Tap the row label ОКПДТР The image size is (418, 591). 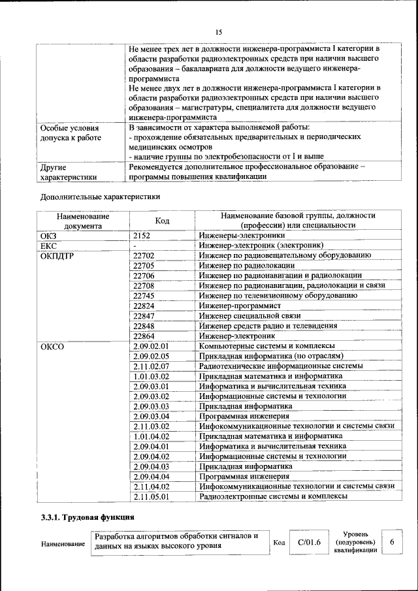pyautogui.click(x=57, y=255)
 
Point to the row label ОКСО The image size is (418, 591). pyautogui.click(x=52, y=346)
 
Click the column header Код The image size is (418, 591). pyautogui.click(x=163, y=221)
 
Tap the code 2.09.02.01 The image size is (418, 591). pyautogui.click(x=151, y=345)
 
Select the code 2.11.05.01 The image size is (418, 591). pyautogui.click(x=151, y=496)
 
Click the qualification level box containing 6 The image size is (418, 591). pyautogui.click(x=392, y=542)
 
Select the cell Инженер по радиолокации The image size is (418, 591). pyautogui.click(x=248, y=266)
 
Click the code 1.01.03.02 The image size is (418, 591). pyautogui.click(x=151, y=376)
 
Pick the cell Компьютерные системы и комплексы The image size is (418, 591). pyautogui.click(x=268, y=345)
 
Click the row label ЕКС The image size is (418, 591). pyautogui.click(x=49, y=246)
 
